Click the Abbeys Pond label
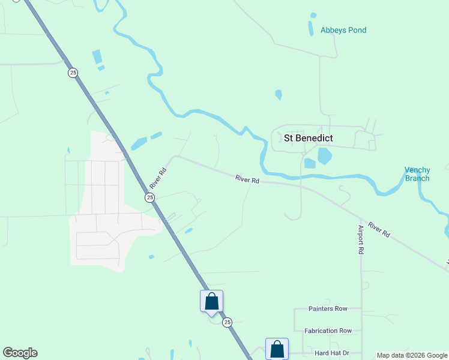343,30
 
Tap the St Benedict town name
309,138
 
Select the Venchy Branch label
417,174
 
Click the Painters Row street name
328,308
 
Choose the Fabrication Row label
328,331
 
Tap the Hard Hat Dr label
328,353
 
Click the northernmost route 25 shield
73,73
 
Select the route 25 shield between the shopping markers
228,323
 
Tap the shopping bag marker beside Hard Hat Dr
277,348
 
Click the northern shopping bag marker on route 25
211,301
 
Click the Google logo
20,353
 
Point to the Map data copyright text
411,355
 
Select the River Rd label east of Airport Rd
379,230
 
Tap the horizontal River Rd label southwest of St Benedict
247,179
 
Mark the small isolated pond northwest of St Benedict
278,94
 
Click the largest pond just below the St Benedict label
324,155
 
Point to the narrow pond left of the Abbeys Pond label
310,28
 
